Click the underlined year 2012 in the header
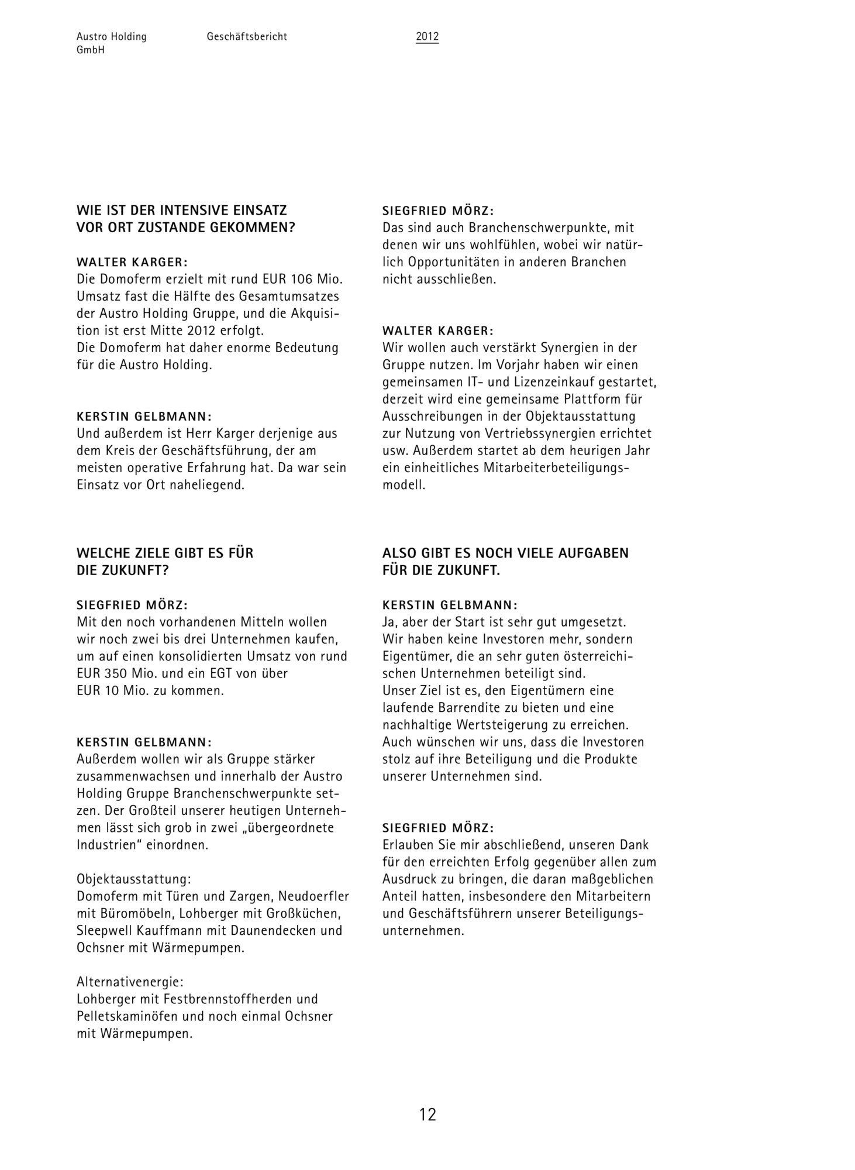427,37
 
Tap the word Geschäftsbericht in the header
247,37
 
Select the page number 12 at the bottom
427,1114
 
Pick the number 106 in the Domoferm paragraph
302,279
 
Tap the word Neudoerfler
314,896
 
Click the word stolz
397,759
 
